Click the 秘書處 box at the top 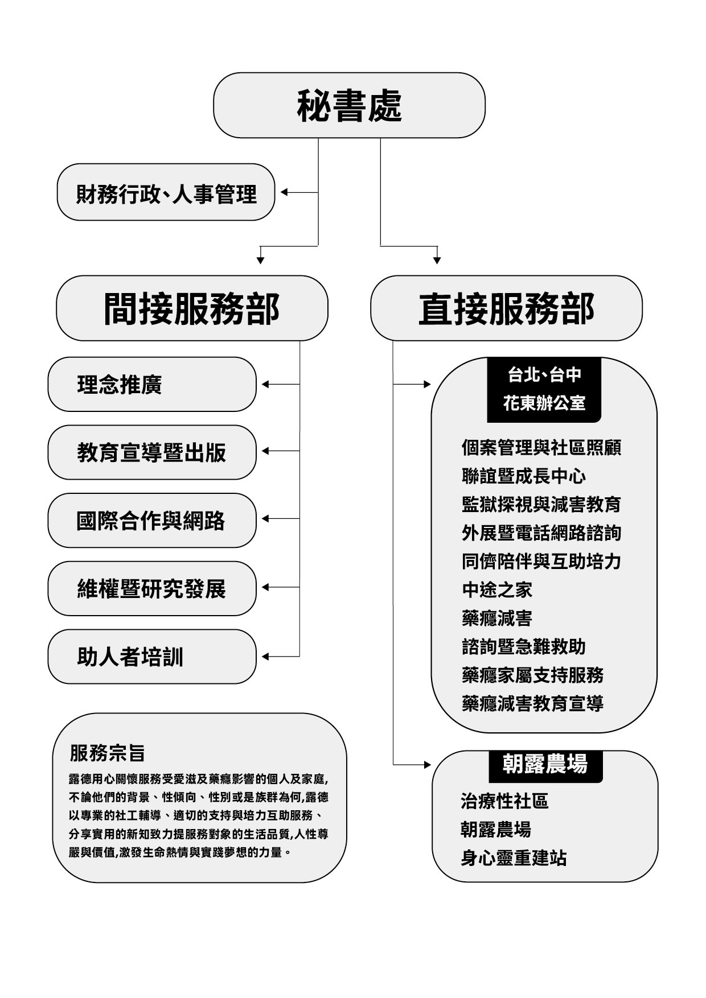click(349, 105)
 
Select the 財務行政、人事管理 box click(166, 192)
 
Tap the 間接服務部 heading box click(192, 308)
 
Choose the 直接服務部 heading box click(506, 308)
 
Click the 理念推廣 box click(152, 385)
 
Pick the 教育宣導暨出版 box click(152, 452)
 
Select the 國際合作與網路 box click(152, 521)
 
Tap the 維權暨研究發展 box click(152, 588)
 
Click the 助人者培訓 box click(152, 657)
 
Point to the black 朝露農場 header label click(545, 764)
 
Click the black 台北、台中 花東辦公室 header click(544, 389)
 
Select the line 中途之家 click(497, 589)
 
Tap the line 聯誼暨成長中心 click(524, 476)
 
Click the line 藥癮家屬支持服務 click(532, 675)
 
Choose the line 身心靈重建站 click(514, 857)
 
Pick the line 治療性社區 click(504, 801)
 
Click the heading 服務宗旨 click(108, 753)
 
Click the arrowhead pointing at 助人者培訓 click(265, 657)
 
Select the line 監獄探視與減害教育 click(541, 504)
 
